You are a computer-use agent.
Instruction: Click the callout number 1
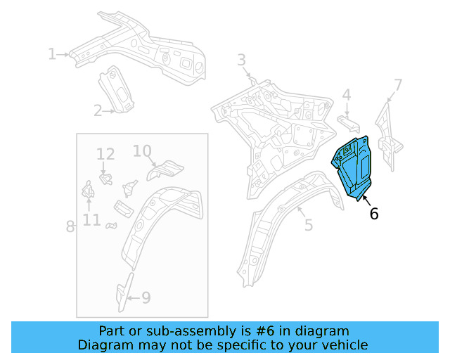(x=51, y=53)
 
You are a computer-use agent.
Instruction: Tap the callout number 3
(x=241, y=60)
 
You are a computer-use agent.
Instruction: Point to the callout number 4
(x=347, y=95)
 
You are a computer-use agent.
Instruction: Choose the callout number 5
(x=308, y=225)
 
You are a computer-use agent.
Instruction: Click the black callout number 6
(x=374, y=214)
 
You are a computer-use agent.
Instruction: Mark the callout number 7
(x=398, y=86)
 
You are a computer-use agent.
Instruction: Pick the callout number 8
(x=70, y=226)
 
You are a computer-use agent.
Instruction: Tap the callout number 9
(x=146, y=298)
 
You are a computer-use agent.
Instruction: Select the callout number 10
(x=142, y=150)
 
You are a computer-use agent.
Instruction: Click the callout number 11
(x=91, y=220)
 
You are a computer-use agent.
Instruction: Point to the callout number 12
(x=105, y=154)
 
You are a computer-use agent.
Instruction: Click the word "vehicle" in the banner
(x=341, y=345)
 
